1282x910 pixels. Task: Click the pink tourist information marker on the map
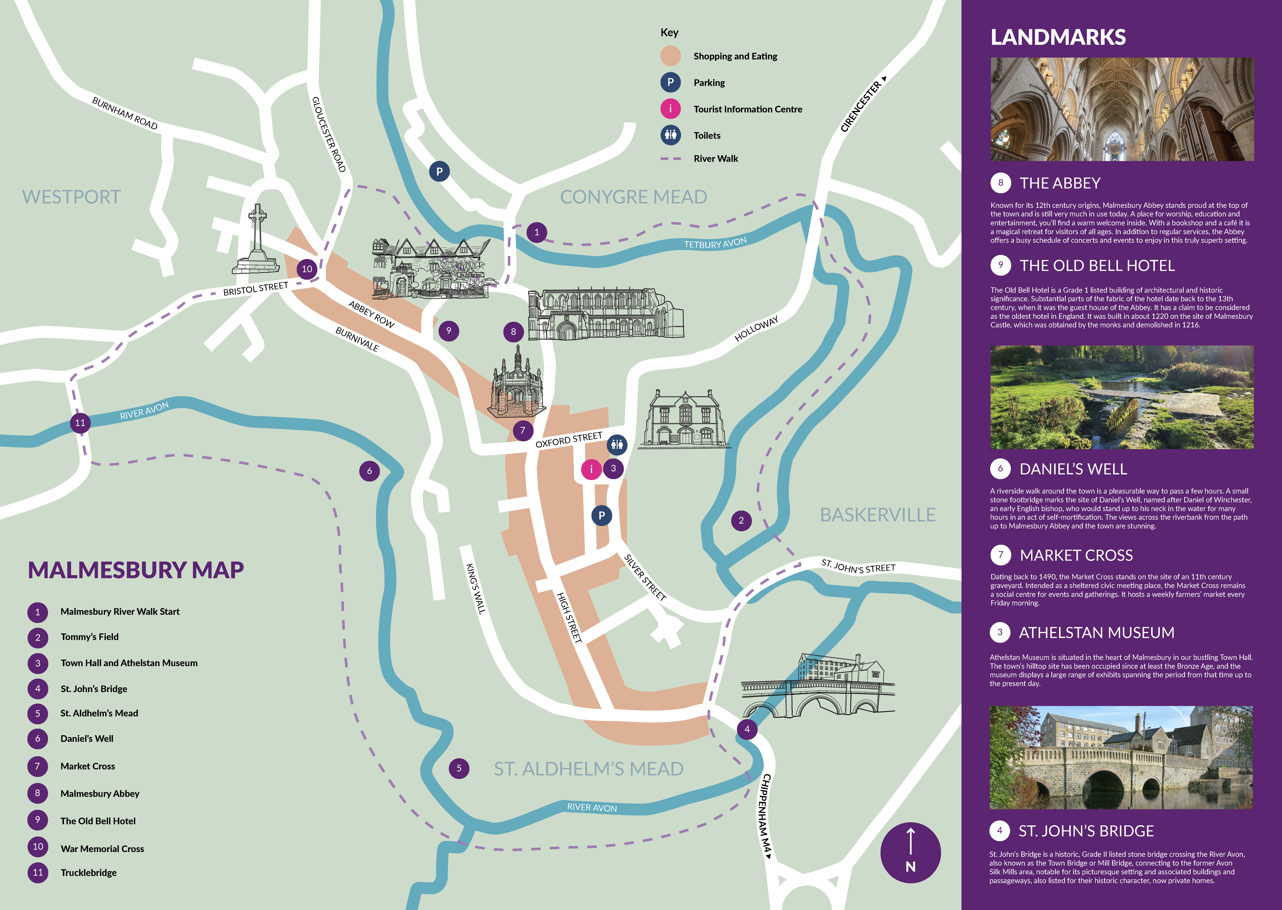pyautogui.click(x=591, y=469)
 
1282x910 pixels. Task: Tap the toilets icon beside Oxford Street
pyautogui.click(x=617, y=445)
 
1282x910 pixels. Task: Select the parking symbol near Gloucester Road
pyautogui.click(x=439, y=171)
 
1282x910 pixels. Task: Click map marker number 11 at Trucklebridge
pyautogui.click(x=80, y=422)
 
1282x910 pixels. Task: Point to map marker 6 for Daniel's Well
pyautogui.click(x=369, y=471)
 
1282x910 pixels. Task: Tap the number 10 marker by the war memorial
pyautogui.click(x=307, y=269)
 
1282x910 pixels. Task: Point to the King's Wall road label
pyautogui.click(x=475, y=588)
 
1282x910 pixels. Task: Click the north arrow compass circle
pyautogui.click(x=910, y=852)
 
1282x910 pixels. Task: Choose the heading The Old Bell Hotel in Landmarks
pyautogui.click(x=1097, y=266)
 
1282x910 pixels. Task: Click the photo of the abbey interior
pyautogui.click(x=1122, y=109)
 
